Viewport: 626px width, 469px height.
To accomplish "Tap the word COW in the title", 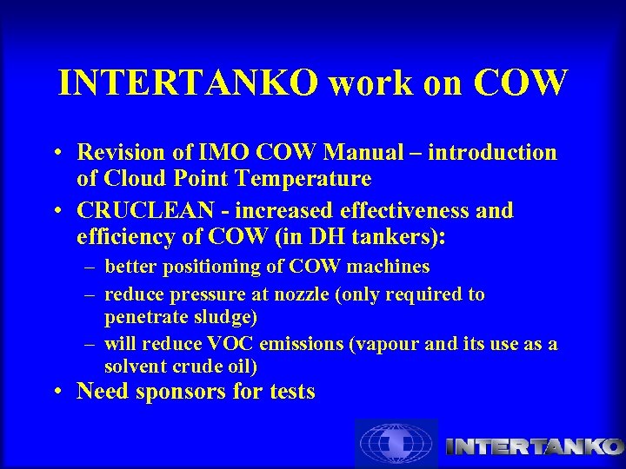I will [x=521, y=83].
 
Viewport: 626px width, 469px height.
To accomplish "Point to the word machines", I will [x=388, y=267].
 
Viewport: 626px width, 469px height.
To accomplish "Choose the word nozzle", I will [x=296, y=294].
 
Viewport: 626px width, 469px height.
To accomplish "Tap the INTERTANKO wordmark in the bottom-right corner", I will [x=533, y=446].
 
